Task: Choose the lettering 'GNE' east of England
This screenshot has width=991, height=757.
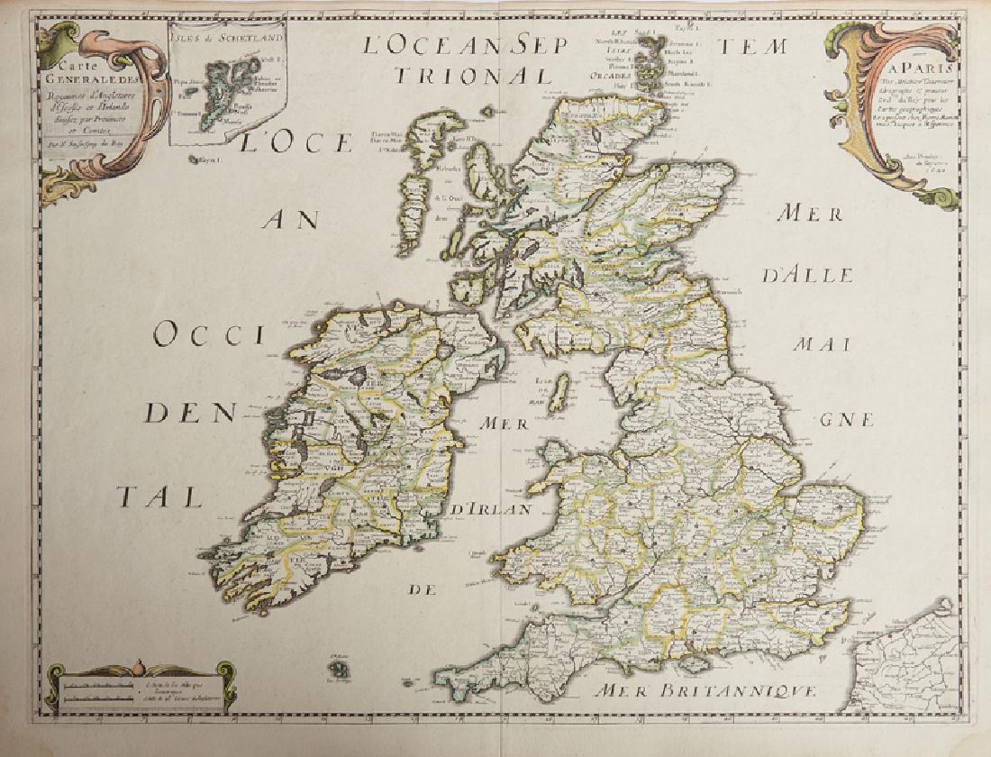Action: (846, 420)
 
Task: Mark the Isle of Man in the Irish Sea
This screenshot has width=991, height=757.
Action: (559, 389)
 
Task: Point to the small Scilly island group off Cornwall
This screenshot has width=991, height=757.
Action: (340, 668)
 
